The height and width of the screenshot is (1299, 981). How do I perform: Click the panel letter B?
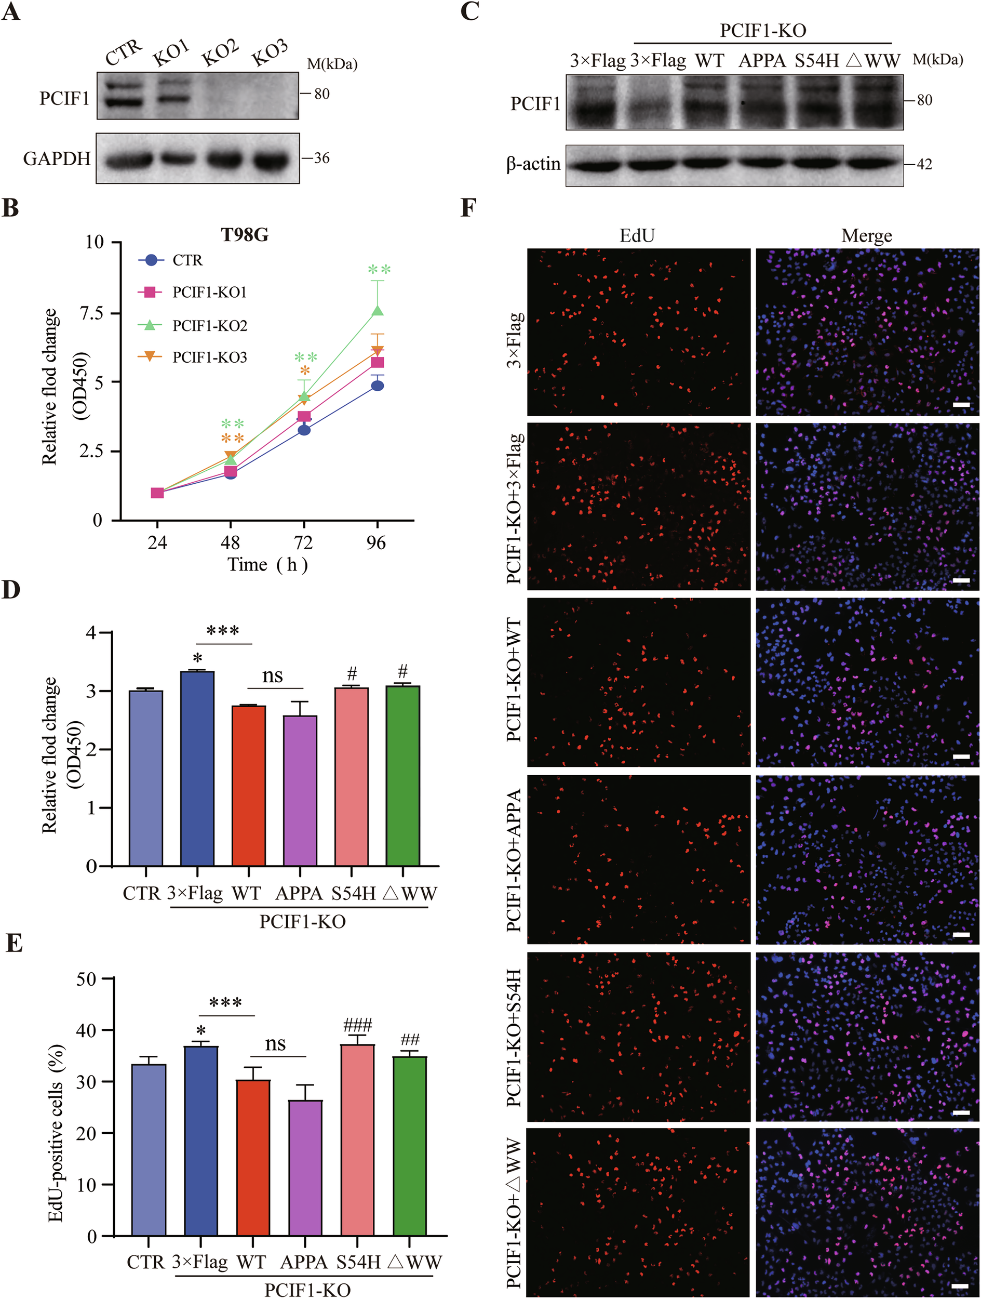(10, 208)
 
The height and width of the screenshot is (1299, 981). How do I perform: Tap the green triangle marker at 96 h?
(378, 311)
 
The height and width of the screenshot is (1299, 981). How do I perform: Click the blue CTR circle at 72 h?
(304, 430)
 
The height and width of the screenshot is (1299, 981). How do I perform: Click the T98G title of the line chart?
(244, 235)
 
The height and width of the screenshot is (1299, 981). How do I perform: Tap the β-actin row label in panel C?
(533, 164)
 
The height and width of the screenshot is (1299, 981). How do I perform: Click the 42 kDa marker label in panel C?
(924, 164)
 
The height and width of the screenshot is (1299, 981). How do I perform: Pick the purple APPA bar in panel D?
(300, 790)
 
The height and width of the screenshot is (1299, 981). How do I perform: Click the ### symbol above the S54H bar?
(357, 1025)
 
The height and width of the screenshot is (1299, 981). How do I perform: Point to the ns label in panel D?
(273, 675)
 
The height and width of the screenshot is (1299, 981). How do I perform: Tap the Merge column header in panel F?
(867, 236)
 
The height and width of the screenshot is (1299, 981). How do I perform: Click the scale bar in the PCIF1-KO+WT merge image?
(961, 757)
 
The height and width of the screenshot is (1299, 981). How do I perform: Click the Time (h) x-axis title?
(267, 564)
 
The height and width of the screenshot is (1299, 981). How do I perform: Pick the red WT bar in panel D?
(249, 785)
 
